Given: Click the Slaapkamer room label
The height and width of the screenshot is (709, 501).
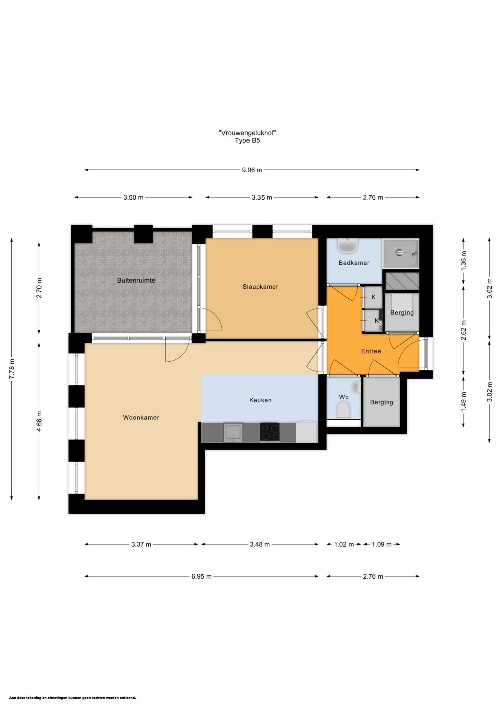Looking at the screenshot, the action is [260, 287].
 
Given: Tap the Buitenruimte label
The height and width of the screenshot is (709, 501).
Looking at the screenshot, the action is [136, 280].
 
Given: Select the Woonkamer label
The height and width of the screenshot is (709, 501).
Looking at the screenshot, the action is [141, 417].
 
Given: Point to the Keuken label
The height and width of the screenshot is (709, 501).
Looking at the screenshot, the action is [260, 400].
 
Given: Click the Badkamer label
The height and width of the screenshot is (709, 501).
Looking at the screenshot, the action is [354, 263].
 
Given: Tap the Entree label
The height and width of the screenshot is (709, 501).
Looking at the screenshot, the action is [371, 351].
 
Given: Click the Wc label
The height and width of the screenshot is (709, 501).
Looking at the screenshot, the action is [344, 397].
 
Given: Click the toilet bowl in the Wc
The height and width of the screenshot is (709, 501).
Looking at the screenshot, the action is [343, 411].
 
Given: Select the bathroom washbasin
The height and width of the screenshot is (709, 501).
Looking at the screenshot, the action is [348, 246].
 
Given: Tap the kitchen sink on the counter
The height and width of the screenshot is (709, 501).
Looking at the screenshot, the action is [233, 432].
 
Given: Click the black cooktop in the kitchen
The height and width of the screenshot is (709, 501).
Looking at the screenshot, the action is [270, 432].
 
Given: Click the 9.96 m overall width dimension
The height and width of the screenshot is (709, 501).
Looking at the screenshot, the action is [252, 170].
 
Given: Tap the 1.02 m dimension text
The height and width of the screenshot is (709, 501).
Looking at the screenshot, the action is [344, 544].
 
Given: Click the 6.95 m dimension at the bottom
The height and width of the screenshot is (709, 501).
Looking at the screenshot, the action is [202, 576].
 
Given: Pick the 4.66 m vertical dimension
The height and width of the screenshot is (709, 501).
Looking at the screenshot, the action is [39, 421].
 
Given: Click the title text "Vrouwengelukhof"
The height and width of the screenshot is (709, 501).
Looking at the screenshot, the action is [247, 133].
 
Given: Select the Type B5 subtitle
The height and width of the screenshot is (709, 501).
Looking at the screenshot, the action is [247, 141].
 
